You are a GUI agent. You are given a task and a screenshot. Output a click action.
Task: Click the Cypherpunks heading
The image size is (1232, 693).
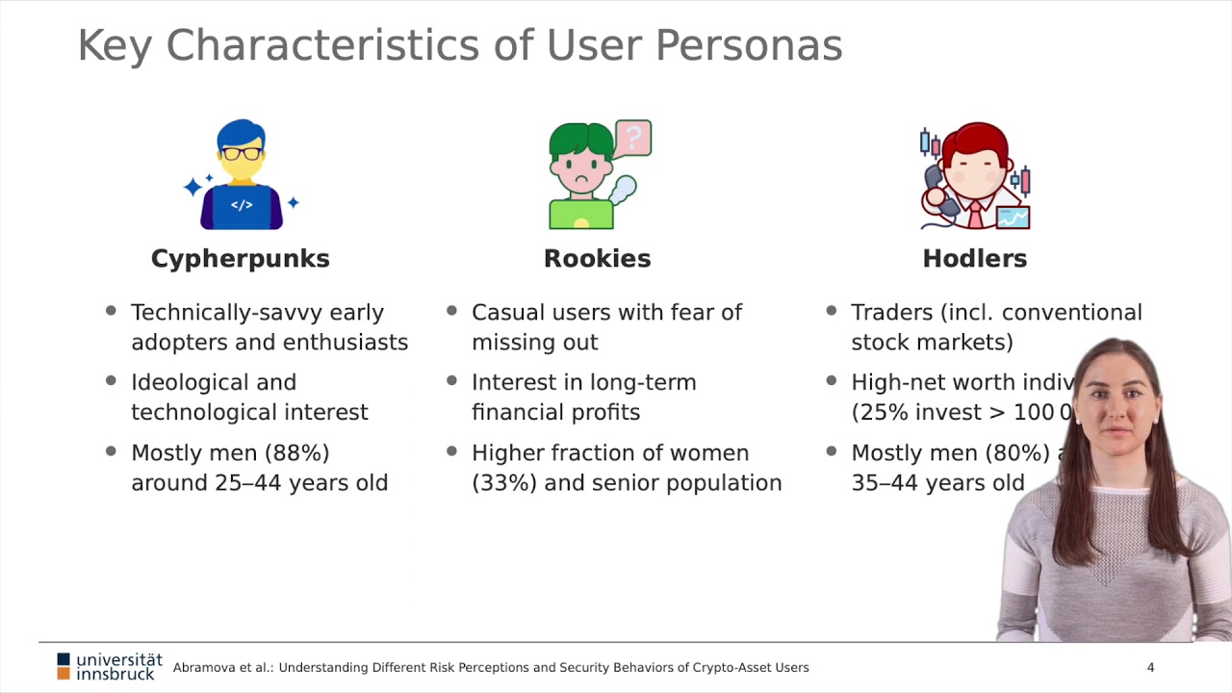pyautogui.click(x=240, y=259)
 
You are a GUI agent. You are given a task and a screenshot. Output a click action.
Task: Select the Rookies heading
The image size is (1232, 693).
pyautogui.click(x=597, y=259)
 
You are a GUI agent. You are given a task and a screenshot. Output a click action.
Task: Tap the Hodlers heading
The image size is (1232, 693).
pyautogui.click(x=974, y=259)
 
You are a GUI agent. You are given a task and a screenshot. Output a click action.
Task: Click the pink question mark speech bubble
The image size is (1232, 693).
pyautogui.click(x=633, y=138)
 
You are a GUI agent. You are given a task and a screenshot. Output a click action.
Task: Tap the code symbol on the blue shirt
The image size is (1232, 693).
pyautogui.click(x=242, y=205)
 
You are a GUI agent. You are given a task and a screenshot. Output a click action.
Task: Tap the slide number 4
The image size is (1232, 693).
pyautogui.click(x=1150, y=667)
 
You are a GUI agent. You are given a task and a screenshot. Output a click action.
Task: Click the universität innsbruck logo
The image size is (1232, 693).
pyautogui.click(x=109, y=666)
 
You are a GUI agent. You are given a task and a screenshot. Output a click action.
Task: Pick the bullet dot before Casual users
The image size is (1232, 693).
pyautogui.click(x=452, y=311)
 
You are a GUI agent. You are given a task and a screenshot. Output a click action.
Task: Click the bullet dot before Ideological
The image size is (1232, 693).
pyautogui.click(x=111, y=381)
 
